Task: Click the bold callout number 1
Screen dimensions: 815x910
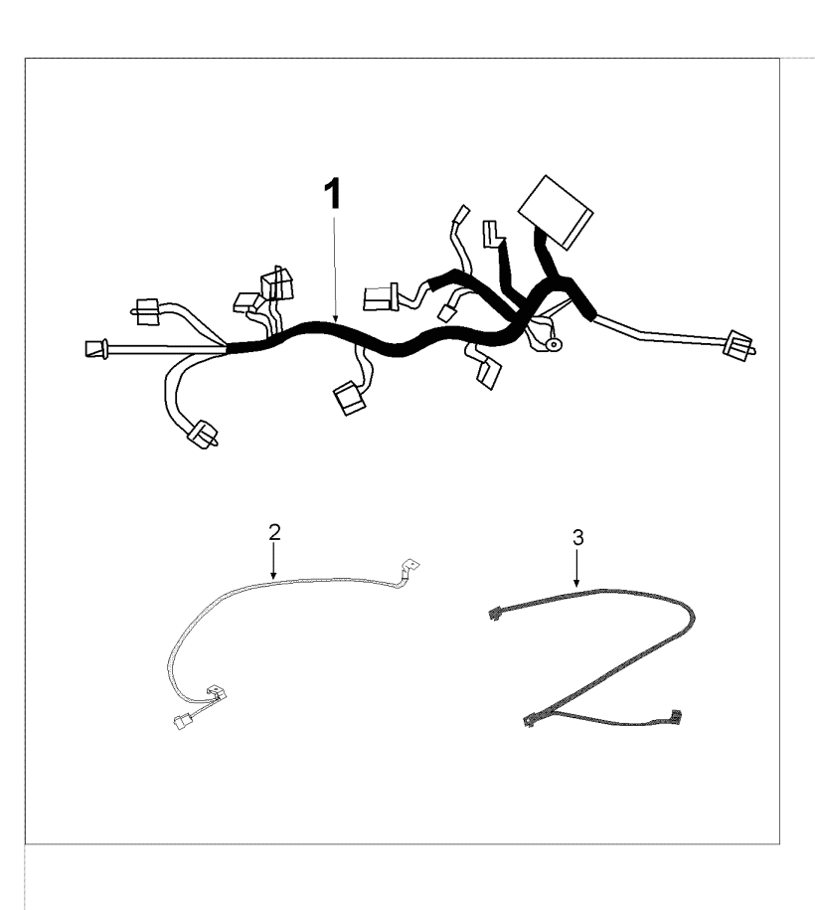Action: (332, 194)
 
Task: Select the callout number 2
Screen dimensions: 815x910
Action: (274, 532)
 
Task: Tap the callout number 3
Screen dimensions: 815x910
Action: (577, 538)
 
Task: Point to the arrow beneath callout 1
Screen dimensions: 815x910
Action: (335, 270)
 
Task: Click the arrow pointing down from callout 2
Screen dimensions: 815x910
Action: (273, 561)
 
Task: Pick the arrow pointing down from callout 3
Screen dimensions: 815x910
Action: (576, 568)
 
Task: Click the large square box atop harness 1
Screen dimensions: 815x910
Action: (556, 212)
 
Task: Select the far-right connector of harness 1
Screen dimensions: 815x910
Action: (740, 346)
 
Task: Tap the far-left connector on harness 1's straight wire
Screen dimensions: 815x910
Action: (96, 349)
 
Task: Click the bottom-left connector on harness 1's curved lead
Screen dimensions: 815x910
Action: (203, 435)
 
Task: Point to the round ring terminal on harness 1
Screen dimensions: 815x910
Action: (554, 345)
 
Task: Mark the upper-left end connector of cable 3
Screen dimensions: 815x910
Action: (493, 613)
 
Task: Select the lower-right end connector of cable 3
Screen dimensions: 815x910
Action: (675, 716)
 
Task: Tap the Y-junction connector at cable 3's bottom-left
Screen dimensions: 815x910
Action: (530, 720)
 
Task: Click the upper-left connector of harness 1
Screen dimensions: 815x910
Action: (147, 311)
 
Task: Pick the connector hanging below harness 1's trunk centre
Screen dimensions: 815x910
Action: (349, 398)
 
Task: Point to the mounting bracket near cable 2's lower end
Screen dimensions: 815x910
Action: (217, 691)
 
